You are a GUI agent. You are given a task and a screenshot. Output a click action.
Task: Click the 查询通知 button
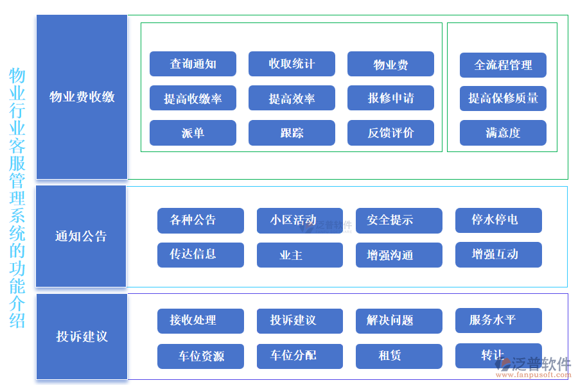pos(193,64)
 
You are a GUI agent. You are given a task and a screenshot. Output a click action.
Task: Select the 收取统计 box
pos(292,64)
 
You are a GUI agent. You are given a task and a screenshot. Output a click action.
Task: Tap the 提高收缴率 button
pos(193,98)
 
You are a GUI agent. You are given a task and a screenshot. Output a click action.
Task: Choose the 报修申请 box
pos(390,98)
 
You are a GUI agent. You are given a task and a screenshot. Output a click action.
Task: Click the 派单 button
pos(193,133)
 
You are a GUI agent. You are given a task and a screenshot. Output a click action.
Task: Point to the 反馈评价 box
pos(390,133)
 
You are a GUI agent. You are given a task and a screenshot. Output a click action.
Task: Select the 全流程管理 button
pos(503,65)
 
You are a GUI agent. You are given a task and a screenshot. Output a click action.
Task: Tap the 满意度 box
pos(503,133)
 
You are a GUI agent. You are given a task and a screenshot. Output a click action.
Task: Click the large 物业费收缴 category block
pos(82,97)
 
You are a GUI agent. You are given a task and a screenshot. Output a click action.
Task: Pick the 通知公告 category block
pos(81,236)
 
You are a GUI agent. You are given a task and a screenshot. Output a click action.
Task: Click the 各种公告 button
pos(200,220)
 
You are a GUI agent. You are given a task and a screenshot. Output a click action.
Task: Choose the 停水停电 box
pos(498,220)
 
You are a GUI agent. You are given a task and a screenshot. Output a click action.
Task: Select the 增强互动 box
pos(498,255)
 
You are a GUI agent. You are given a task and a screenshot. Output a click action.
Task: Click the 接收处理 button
pos(200,321)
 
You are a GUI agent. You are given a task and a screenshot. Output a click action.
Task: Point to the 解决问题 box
pos(399,321)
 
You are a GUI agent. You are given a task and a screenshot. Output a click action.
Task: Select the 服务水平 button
pos(498,321)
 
